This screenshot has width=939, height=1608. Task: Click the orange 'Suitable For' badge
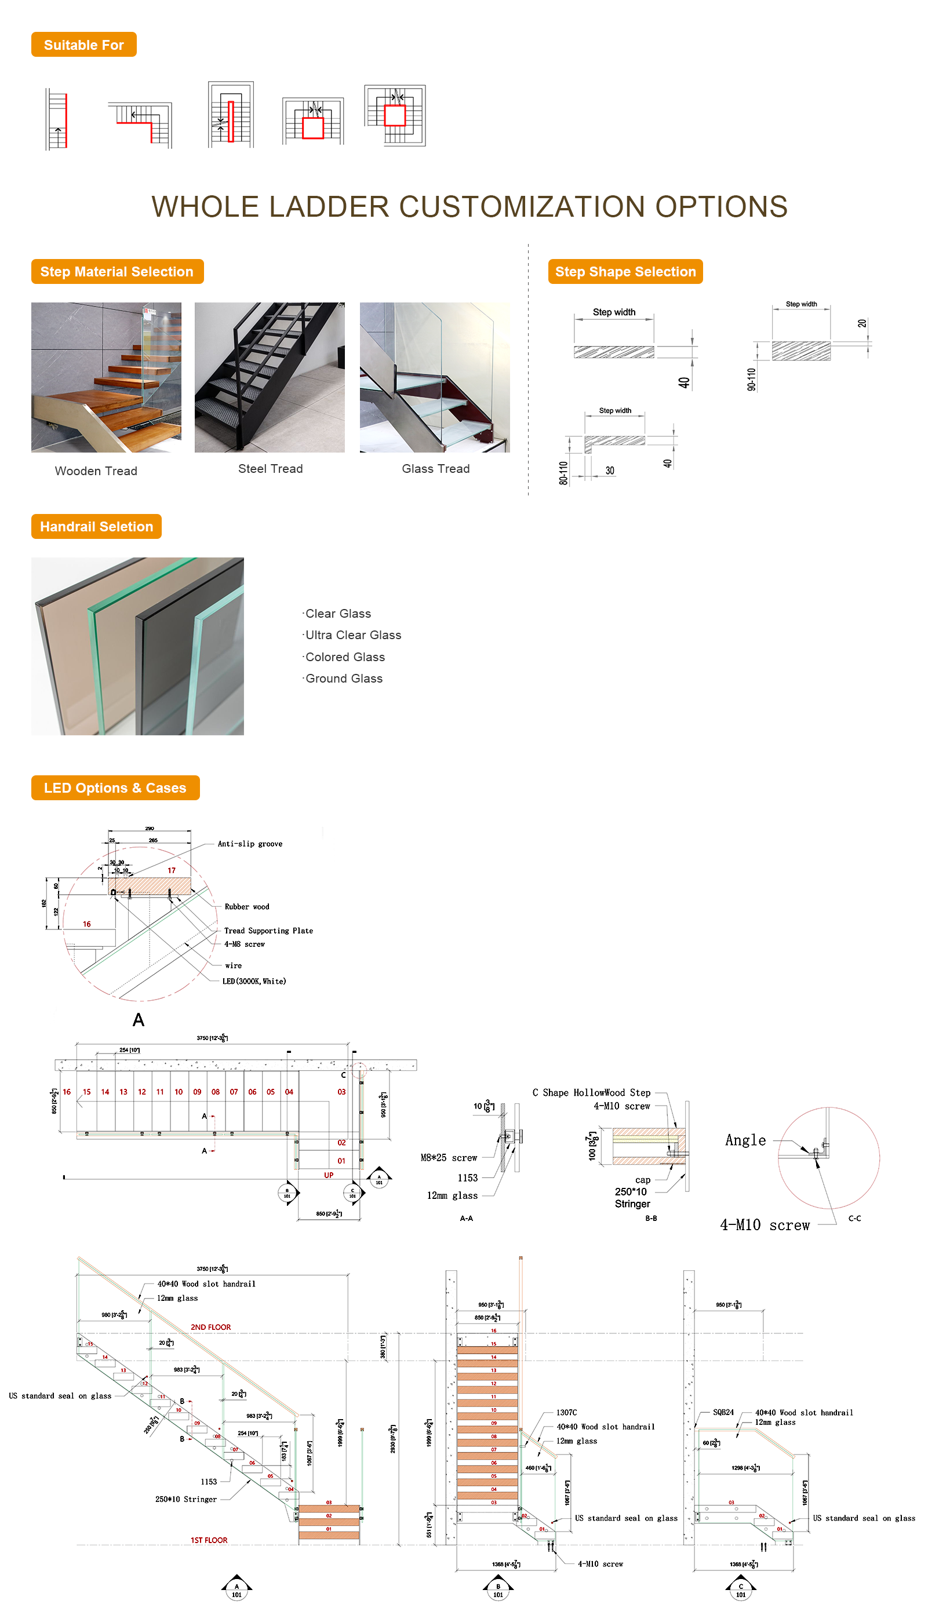[x=83, y=45]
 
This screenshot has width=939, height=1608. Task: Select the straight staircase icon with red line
[x=57, y=119]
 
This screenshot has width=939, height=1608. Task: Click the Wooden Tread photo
[x=106, y=377]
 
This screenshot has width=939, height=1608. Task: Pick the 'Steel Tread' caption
[x=270, y=469]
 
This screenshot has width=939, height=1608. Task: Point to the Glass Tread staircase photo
[x=434, y=377]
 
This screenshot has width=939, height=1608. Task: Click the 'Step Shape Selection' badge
[x=624, y=272]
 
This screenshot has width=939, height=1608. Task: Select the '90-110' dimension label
[x=751, y=379]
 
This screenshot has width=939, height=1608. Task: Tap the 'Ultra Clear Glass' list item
[x=353, y=636]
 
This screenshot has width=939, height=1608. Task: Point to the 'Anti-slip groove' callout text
[x=250, y=844]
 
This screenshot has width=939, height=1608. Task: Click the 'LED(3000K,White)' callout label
[x=254, y=982]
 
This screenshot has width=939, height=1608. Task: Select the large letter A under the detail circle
[x=139, y=1020]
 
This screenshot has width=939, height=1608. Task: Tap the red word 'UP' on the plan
[x=328, y=1175]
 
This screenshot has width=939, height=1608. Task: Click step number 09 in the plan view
[x=197, y=1092]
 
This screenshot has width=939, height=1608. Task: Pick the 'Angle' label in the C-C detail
[x=745, y=1141]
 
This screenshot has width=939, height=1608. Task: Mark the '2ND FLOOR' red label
[x=210, y=1327]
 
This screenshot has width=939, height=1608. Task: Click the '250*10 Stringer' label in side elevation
[x=185, y=1500]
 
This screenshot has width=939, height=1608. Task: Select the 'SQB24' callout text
[x=723, y=1413]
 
